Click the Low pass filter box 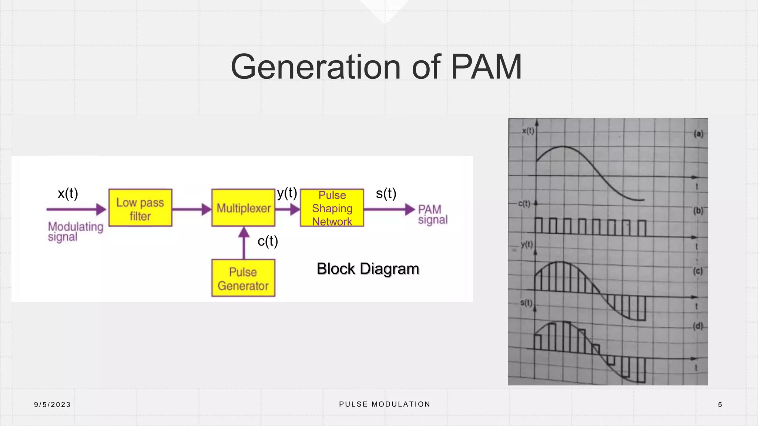(x=140, y=208)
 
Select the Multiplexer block (x=243, y=208)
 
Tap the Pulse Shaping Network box (x=332, y=208)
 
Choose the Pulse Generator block (x=243, y=278)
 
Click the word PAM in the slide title (x=486, y=67)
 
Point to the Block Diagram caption (x=368, y=269)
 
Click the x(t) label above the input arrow (x=68, y=193)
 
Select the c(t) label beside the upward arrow (x=268, y=241)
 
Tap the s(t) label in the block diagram (x=386, y=193)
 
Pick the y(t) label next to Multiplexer (x=287, y=193)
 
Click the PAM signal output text (x=432, y=214)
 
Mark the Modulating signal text (x=75, y=231)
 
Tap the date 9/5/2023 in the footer (x=52, y=405)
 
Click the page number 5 (x=720, y=405)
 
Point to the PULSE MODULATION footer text (x=385, y=404)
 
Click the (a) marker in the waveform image (x=698, y=134)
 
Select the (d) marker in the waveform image (x=698, y=326)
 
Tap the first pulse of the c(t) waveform (x=539, y=226)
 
